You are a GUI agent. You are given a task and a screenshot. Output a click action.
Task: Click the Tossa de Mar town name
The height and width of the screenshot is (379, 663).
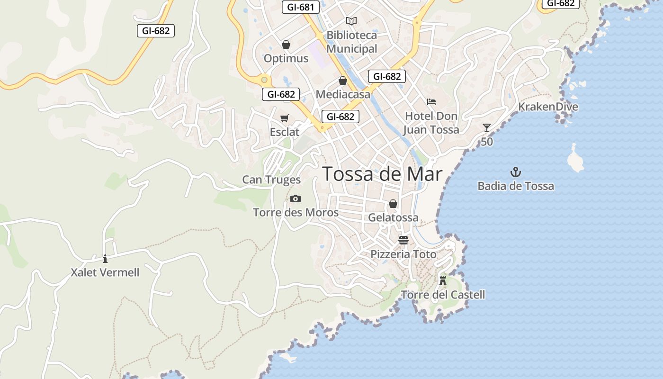point(382,174)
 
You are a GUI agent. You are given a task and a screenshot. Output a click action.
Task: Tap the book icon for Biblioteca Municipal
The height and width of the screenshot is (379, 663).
point(351,21)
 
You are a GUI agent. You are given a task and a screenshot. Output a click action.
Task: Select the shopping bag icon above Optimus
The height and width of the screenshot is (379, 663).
point(286,45)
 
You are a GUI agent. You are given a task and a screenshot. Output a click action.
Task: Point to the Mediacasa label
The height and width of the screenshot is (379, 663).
point(343,94)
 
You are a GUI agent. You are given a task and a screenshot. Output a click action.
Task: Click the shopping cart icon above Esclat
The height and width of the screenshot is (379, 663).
point(284,118)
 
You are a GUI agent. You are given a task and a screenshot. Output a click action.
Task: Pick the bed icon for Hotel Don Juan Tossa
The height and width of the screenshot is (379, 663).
point(431,101)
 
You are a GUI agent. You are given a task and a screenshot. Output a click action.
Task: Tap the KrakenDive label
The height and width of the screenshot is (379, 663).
point(548,107)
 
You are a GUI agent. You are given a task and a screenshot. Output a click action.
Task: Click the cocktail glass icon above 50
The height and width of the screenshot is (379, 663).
point(487,128)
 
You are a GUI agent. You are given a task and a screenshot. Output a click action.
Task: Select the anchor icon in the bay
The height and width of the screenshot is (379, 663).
point(515,172)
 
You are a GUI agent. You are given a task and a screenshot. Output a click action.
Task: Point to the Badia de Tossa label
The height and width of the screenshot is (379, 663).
point(516,186)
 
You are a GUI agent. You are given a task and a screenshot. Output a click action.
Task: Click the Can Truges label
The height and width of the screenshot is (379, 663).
point(271,180)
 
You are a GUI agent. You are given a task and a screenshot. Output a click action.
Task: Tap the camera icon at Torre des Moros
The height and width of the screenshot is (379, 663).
point(296,199)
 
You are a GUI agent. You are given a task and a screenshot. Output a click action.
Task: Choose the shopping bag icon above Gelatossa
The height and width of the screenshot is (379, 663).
point(393,204)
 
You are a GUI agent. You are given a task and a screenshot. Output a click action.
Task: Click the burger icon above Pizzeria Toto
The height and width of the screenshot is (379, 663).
point(403,240)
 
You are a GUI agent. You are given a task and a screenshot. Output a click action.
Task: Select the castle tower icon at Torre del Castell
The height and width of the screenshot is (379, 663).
point(443,280)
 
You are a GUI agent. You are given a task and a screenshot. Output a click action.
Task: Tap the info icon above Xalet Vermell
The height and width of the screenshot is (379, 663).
point(105,259)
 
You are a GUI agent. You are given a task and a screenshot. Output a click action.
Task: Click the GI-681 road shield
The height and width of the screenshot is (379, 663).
point(301,7)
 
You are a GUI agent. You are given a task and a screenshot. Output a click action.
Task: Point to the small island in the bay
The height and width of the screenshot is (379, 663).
point(575,159)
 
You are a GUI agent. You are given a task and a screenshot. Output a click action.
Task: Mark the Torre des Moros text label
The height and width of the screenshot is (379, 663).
point(296,213)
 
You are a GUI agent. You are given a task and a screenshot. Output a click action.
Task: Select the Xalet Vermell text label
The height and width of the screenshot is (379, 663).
point(105,272)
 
